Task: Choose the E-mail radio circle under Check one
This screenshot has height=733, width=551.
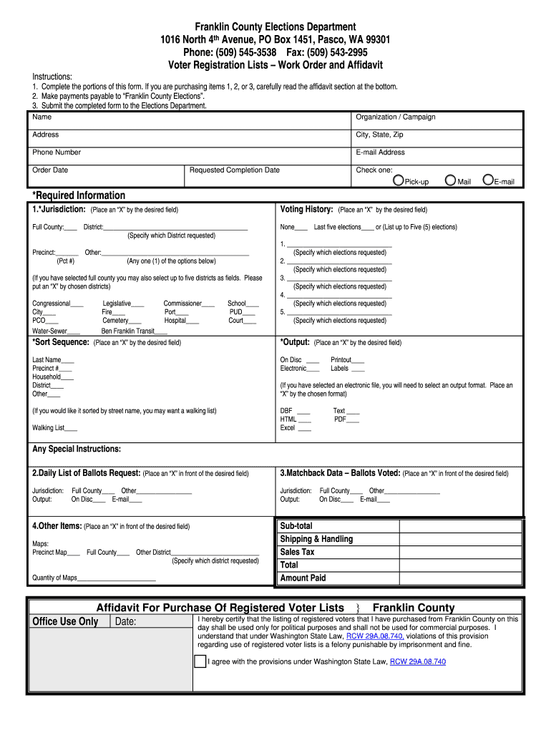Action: tap(488, 180)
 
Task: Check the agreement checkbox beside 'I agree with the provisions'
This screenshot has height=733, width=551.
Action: tap(200, 661)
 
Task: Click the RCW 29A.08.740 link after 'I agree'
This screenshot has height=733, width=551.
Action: tap(418, 662)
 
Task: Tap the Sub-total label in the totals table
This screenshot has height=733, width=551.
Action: tap(296, 526)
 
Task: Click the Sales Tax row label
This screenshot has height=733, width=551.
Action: tap(297, 552)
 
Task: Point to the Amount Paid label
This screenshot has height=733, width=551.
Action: tap(303, 578)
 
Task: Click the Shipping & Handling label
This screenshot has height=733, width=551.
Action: tap(316, 539)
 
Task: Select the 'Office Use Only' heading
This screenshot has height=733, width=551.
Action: tap(64, 621)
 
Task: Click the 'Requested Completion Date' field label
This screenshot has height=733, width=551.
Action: tap(234, 170)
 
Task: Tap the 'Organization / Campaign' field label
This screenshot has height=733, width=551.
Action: tap(395, 117)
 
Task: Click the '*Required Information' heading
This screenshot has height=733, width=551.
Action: tap(79, 195)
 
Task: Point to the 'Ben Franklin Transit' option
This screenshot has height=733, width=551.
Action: tap(134, 331)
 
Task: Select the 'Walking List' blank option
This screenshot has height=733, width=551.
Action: tap(54, 428)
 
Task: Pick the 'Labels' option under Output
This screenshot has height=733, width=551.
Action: tap(347, 369)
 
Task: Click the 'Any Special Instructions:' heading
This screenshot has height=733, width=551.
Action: tap(77, 449)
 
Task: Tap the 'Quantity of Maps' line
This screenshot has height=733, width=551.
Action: tap(93, 578)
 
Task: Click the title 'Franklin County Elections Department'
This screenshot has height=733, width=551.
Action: tap(275, 26)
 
